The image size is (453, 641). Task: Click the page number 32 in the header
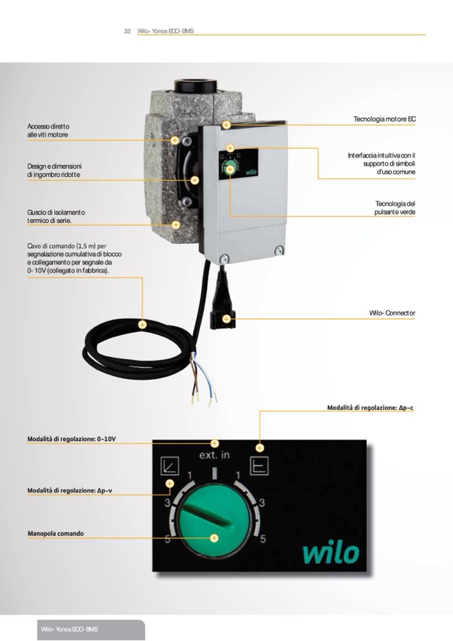[x=127, y=31]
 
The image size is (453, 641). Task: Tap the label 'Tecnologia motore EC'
[x=384, y=119]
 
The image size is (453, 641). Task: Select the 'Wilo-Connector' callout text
[x=392, y=313]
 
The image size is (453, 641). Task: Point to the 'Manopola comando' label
[x=55, y=533]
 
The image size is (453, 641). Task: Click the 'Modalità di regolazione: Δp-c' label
[x=370, y=408]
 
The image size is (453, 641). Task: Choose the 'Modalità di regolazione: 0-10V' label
[x=71, y=439]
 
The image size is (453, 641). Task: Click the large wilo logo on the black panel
[x=331, y=553]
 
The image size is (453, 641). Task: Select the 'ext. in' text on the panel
[x=214, y=455]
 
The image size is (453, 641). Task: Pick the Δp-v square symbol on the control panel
[x=170, y=465]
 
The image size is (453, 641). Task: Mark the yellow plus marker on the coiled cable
[x=142, y=325]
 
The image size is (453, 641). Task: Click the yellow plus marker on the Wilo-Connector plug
[x=226, y=319]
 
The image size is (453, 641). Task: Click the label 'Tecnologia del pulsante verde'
[x=395, y=208]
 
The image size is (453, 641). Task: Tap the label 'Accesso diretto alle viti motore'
[x=48, y=130]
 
